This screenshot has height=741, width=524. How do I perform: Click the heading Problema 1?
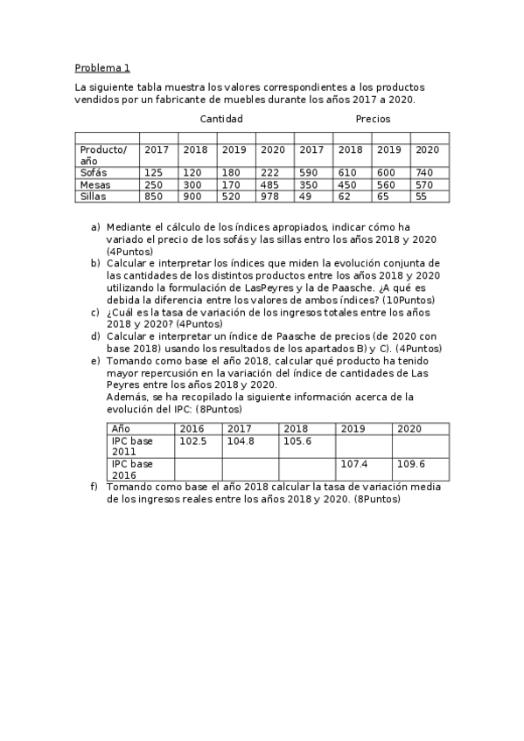point(102,67)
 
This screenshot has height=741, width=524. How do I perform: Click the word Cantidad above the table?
point(221,119)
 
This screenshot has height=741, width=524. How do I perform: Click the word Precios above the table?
point(373,119)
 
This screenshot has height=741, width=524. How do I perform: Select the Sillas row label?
point(93,197)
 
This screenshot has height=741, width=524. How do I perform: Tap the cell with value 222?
point(273,173)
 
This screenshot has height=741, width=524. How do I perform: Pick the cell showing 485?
point(273,185)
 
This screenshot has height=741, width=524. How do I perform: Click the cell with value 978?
point(273,197)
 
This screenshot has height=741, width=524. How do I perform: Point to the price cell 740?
point(426,173)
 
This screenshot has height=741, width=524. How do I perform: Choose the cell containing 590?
point(311,173)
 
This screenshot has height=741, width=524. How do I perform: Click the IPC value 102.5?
point(192,441)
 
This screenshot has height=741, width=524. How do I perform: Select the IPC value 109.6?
point(411,464)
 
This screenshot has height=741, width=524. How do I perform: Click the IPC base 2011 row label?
point(131,447)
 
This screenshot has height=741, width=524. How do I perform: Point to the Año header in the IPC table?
point(121,429)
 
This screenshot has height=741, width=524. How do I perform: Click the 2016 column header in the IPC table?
point(192,429)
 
